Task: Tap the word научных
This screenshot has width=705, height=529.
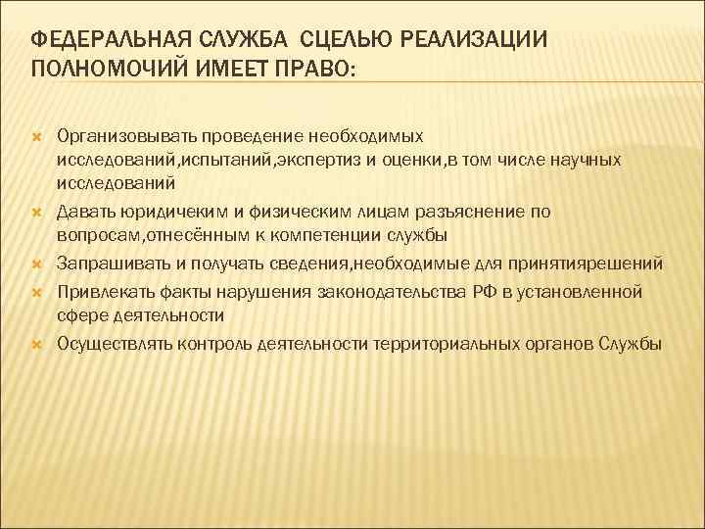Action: (583, 159)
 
